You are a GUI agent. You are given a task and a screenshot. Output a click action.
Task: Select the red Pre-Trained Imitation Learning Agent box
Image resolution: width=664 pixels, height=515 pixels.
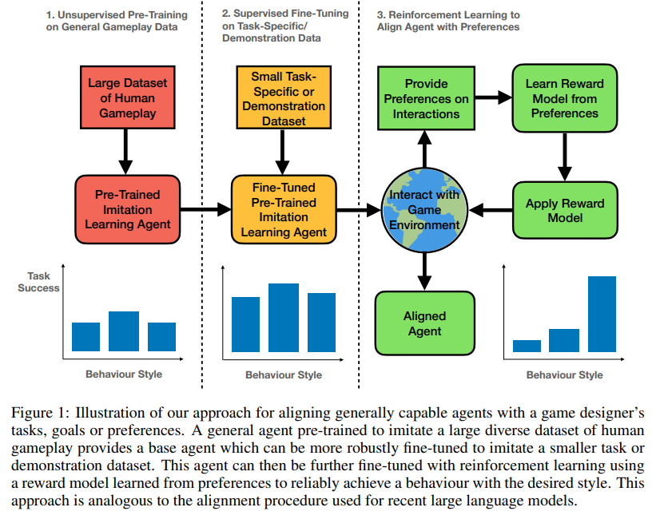[x=123, y=209]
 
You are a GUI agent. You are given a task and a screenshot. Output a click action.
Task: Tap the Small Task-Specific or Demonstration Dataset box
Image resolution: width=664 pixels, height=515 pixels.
[x=284, y=99]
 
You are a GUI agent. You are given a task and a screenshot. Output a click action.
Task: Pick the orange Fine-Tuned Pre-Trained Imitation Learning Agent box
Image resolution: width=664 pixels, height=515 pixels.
[x=284, y=209]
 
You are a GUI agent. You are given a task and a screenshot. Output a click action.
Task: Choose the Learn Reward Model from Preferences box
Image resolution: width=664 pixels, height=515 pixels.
[x=564, y=99]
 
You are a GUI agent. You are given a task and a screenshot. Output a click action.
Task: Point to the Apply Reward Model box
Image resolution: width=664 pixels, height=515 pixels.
[x=564, y=209]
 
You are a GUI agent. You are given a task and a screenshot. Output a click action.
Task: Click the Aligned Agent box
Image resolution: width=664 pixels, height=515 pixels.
[x=424, y=323]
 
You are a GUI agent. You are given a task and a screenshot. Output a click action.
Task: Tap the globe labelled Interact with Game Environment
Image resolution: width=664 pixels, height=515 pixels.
[x=424, y=209]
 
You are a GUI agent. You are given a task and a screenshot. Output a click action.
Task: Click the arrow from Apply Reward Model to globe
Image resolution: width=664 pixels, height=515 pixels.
[x=491, y=209]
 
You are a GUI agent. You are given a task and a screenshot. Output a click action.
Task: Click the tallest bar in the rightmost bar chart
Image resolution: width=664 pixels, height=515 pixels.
[x=602, y=314]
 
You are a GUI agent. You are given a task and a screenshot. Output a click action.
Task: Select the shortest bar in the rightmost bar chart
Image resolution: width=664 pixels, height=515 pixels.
[x=527, y=346]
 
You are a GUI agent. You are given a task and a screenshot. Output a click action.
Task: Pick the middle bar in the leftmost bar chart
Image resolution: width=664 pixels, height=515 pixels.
[x=124, y=331]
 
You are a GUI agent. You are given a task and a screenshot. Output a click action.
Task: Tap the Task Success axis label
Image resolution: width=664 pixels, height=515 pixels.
[x=38, y=282]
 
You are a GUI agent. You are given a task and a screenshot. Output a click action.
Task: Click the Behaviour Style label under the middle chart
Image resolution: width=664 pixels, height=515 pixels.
[x=283, y=374]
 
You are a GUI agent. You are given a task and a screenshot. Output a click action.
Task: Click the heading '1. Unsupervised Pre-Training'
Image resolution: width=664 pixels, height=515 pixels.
[x=117, y=14]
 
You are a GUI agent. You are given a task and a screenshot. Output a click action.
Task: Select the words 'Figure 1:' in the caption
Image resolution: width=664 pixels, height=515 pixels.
[x=41, y=412]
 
